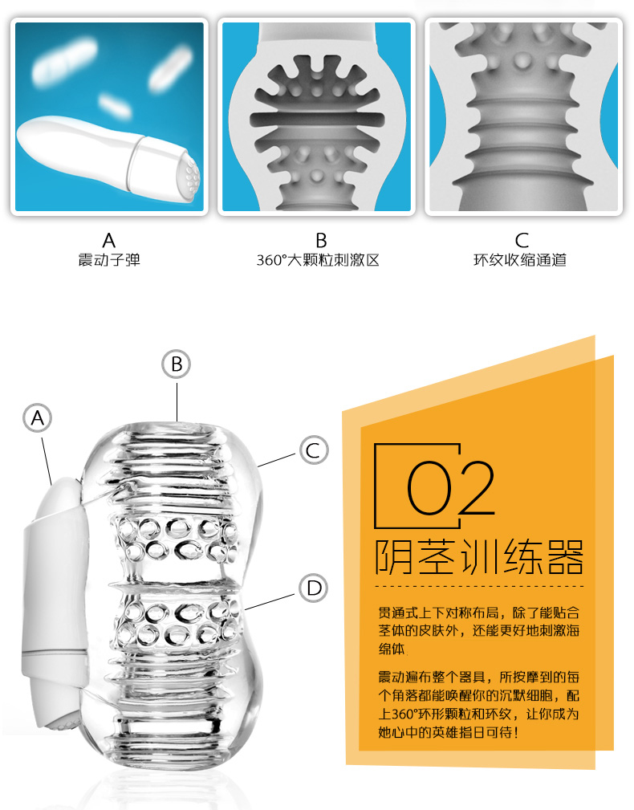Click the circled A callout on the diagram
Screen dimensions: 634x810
click(x=38, y=417)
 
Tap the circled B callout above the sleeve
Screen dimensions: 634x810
click(x=176, y=364)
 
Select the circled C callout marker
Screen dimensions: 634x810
click(x=313, y=450)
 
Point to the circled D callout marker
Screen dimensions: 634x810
click(x=313, y=588)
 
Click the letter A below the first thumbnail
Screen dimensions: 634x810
click(x=109, y=240)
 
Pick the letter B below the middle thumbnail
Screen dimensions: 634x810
click(x=321, y=240)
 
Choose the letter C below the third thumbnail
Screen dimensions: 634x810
click(x=522, y=240)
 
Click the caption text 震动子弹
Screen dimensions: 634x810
click(x=109, y=260)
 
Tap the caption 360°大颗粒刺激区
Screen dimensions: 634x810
click(x=318, y=260)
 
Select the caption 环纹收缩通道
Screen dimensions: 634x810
click(x=520, y=260)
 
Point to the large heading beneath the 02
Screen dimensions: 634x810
click(x=479, y=557)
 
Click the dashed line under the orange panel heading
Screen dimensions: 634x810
click(x=479, y=586)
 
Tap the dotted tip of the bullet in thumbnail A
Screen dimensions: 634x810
click(x=190, y=176)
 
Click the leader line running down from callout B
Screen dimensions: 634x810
click(x=177, y=401)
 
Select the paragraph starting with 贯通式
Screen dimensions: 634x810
click(x=478, y=630)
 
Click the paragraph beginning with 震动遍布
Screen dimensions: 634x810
click(x=478, y=704)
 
